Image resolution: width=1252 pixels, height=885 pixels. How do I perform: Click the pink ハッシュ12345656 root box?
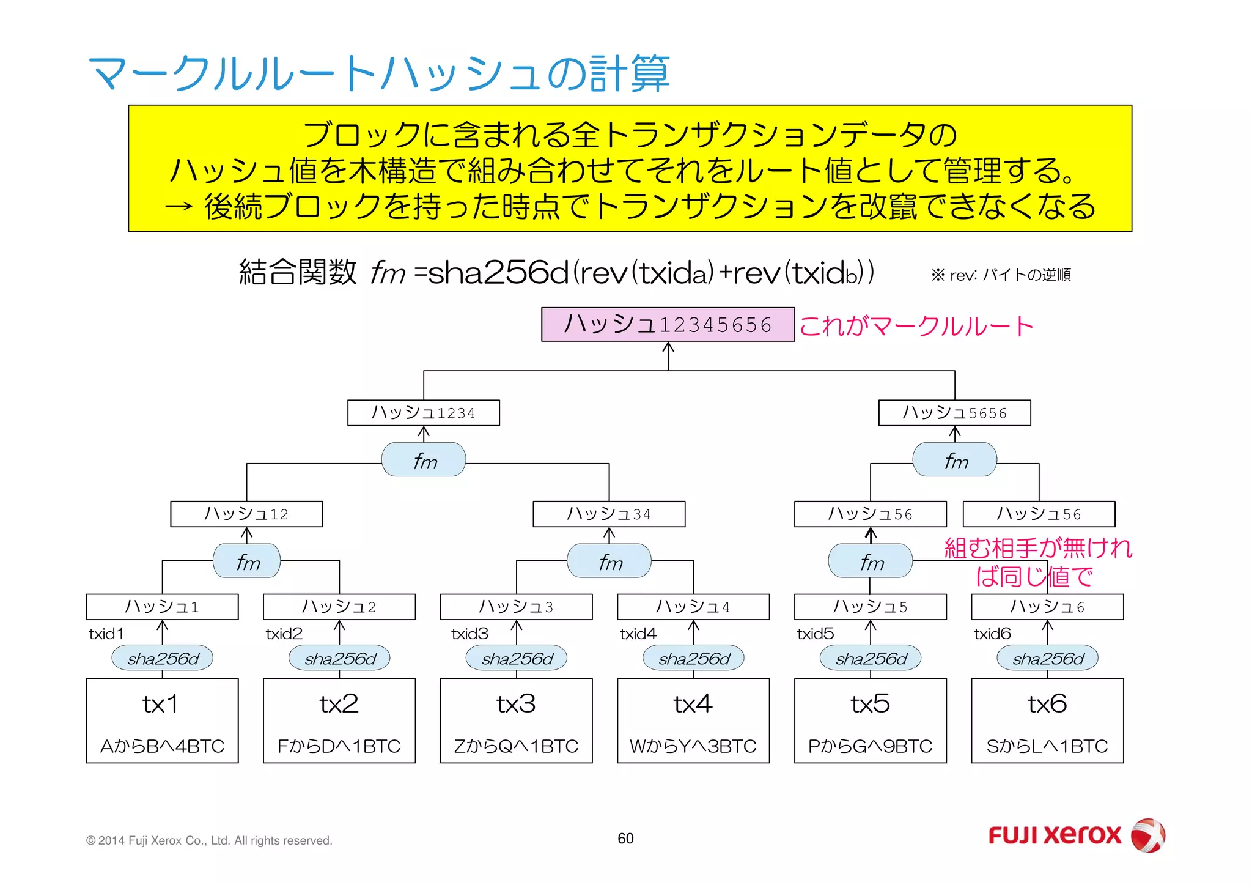pos(668,324)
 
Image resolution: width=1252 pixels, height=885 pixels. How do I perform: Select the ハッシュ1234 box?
pos(423,413)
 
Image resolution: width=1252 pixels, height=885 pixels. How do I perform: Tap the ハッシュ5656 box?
pos(954,413)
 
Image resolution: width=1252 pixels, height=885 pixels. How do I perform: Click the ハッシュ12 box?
pos(246,514)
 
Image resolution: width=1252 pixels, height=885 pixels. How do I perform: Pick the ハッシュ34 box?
pos(609,514)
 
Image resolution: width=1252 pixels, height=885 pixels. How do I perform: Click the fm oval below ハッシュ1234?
pos(424,460)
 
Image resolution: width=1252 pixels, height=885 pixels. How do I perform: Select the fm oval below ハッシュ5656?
pos(954,460)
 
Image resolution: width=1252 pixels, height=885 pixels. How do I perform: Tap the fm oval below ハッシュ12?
pos(246,561)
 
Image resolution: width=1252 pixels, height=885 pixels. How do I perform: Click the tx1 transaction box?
pos(162,720)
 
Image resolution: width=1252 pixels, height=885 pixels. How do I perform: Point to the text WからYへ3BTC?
pos(693,746)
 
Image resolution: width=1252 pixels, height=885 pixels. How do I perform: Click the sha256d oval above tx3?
pos(517,658)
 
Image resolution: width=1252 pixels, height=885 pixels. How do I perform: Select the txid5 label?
pos(815,634)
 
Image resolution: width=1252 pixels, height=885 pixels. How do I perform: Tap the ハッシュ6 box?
pos(1047,607)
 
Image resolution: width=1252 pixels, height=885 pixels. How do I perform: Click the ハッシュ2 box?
pos(339,607)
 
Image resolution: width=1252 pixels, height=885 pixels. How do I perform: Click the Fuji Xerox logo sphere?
pos(1147,835)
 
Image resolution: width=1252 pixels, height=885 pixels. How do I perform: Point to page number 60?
pos(625,839)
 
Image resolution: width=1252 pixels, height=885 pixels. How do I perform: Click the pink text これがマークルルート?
pos(915,325)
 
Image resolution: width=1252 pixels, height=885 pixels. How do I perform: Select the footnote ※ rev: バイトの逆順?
pos(1001,275)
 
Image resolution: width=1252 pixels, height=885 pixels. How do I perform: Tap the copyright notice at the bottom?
pos(209,840)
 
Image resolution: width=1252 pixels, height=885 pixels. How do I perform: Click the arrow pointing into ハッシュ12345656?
pos(668,355)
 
